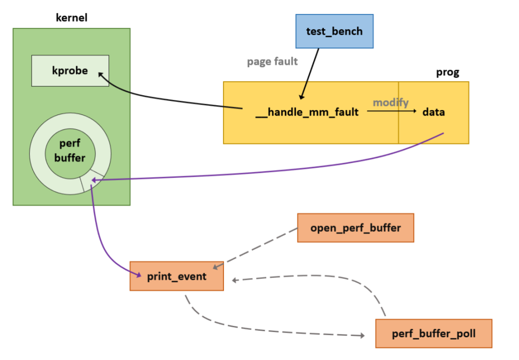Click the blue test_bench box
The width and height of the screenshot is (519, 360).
click(334, 31)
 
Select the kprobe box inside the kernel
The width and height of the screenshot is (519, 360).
click(70, 71)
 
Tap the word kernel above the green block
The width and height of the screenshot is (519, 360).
click(72, 19)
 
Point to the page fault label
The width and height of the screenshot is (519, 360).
click(272, 61)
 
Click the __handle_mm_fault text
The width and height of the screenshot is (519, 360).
click(307, 112)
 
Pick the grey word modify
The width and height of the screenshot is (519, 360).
click(391, 102)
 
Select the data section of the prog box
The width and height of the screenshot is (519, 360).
click(433, 112)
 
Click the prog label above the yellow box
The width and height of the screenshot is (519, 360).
click(447, 72)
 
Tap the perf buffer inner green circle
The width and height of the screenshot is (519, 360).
click(70, 153)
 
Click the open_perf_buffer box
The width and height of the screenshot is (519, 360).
click(355, 228)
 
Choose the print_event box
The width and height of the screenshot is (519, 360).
click(177, 276)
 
